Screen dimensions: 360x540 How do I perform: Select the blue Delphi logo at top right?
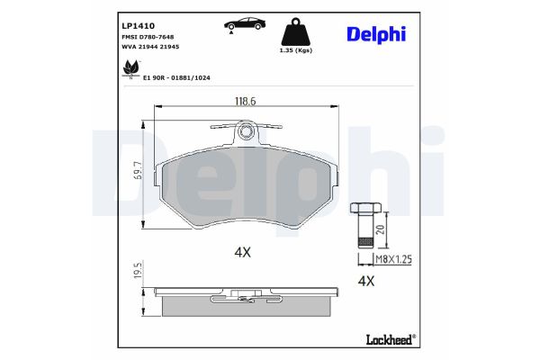(376, 34)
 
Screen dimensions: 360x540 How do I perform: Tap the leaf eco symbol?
(130, 67)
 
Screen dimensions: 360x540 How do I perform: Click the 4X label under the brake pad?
(242, 252)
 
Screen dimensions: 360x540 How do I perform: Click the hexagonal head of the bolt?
(361, 209)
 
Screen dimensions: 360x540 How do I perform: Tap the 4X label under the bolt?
(366, 281)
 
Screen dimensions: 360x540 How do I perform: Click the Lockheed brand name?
(388, 339)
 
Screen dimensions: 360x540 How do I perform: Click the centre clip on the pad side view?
(242, 295)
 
